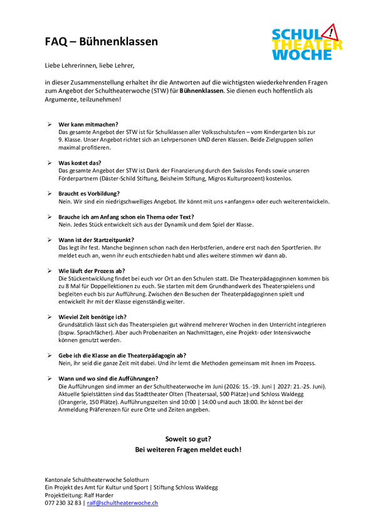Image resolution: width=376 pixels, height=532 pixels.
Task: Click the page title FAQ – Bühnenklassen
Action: (x=102, y=42)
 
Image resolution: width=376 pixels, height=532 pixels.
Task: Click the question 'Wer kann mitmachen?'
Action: (x=88, y=125)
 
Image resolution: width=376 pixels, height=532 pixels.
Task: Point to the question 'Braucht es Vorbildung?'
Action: (x=89, y=193)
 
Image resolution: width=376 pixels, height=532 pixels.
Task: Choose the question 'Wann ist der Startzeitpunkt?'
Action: (x=96, y=239)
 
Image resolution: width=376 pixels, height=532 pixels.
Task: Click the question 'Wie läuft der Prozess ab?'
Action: (x=91, y=270)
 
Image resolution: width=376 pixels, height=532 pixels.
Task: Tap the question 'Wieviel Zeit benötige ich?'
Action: (x=92, y=317)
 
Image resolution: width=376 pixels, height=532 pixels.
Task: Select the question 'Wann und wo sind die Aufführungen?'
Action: (x=108, y=378)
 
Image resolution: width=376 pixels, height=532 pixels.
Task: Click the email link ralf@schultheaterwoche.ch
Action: (x=122, y=503)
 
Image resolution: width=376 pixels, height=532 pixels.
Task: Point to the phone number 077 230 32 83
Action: (x=63, y=503)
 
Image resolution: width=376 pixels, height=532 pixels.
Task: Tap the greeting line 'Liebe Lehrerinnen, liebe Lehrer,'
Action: (x=90, y=65)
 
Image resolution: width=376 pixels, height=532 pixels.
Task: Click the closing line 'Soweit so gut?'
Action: (x=188, y=439)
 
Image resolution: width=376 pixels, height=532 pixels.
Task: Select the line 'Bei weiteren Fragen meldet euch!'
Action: (x=188, y=449)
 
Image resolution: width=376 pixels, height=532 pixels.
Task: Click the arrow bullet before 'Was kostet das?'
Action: (x=50, y=162)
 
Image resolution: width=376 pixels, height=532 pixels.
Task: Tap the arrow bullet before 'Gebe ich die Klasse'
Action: (x=50, y=355)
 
